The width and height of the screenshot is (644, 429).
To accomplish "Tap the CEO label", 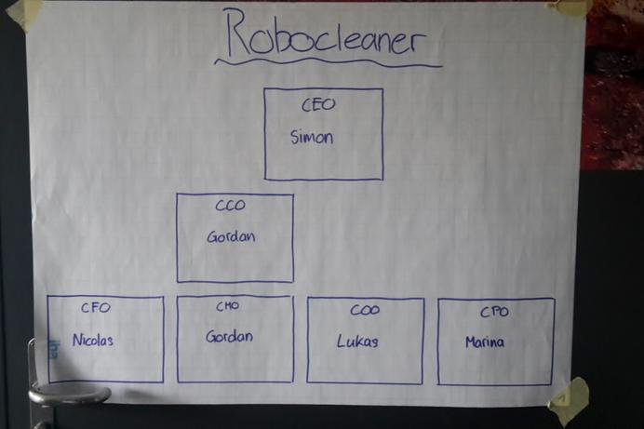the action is click(x=318, y=104).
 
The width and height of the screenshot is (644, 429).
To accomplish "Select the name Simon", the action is click(x=312, y=137).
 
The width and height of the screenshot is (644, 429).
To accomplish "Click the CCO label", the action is click(x=231, y=205).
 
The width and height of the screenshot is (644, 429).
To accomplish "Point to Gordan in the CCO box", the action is click(x=231, y=236).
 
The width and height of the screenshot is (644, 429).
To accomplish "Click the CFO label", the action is click(x=96, y=307).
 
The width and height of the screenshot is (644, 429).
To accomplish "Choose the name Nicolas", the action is click(x=93, y=340).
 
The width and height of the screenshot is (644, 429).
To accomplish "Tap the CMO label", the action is click(x=227, y=306).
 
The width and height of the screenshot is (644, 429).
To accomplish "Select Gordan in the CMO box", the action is click(x=229, y=337).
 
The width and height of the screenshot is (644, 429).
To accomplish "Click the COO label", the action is click(x=365, y=310).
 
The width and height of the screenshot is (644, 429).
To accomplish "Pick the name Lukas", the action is click(x=357, y=342).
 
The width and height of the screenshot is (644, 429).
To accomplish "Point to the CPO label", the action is click(x=494, y=312).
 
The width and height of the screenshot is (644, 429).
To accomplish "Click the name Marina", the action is click(x=485, y=342).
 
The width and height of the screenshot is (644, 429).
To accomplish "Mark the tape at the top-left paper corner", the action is click(x=26, y=14).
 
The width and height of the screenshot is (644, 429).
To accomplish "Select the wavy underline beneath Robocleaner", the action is click(x=329, y=63).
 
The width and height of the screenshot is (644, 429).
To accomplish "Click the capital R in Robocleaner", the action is click(x=238, y=33).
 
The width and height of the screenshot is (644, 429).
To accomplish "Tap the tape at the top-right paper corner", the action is click(x=570, y=8).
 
